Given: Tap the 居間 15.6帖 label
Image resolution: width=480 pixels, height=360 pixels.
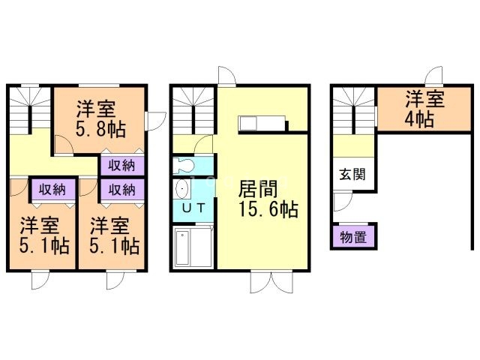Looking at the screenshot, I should point(267,198).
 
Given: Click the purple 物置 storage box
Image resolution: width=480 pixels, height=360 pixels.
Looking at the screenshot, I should point(353,238).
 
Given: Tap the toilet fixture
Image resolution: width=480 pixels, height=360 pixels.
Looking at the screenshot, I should point(183,165).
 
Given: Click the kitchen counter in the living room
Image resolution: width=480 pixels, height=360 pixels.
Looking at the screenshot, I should point(261,124).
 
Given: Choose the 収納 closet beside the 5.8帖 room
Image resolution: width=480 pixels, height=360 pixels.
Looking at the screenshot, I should point(121,165).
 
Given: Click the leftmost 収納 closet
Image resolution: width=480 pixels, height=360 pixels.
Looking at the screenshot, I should point(51,189).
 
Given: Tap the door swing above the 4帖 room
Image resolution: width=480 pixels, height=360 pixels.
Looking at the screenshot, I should point(433,77).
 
